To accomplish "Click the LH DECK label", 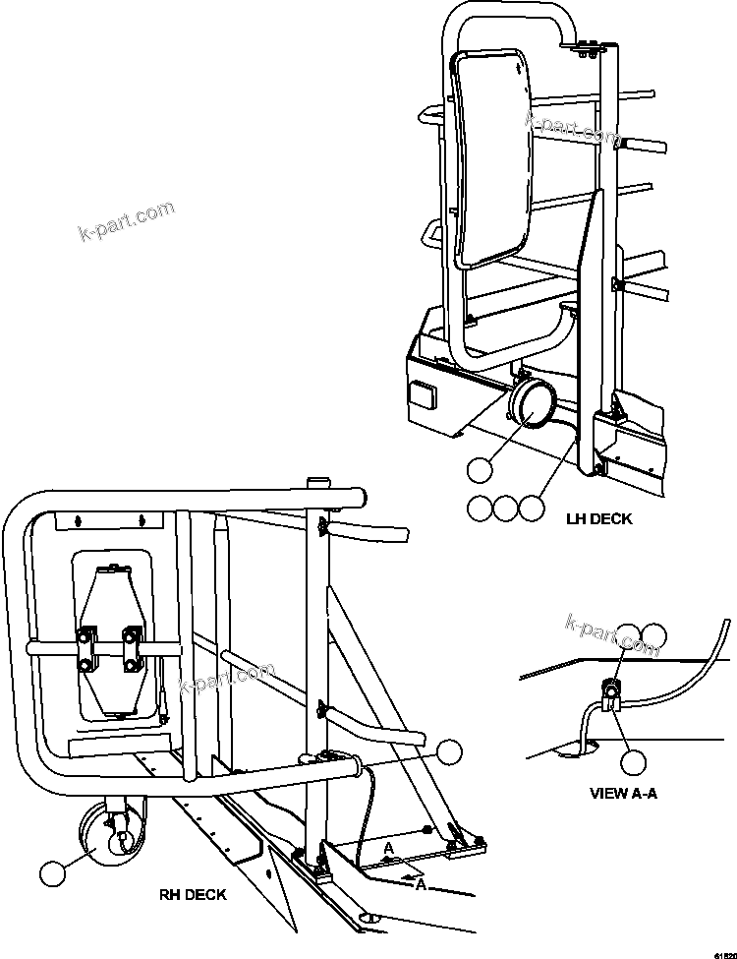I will pyautogui.click(x=599, y=518).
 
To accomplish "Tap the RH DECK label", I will pyautogui.click(x=193, y=894).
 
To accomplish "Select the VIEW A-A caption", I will pyautogui.click(x=624, y=792).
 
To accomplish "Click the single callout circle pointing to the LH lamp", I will pyautogui.click(x=479, y=470).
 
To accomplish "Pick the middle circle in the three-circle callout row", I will pyautogui.click(x=504, y=508).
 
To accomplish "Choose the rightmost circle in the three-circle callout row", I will pyautogui.click(x=531, y=508).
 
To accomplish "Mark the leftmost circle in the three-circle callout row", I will pyautogui.click(x=479, y=508).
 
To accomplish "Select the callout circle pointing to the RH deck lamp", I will pyautogui.click(x=53, y=872).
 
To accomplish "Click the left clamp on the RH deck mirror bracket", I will pyautogui.click(x=87, y=650).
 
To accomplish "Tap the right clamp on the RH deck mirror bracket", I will pyautogui.click(x=132, y=650).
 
